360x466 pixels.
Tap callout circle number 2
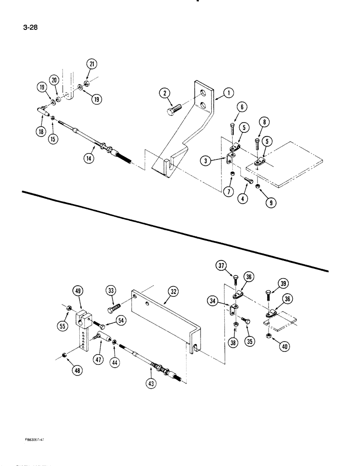coord(164,93)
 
